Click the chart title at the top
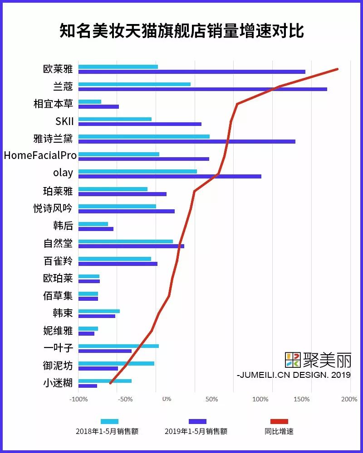tap(181, 31)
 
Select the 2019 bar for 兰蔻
tap(202, 89)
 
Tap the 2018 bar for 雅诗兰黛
tap(144, 136)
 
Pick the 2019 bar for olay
tap(170, 176)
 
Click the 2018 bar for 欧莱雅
tap(118, 67)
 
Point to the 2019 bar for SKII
tap(140, 124)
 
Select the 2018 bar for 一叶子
tap(118, 346)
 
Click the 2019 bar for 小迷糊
tap(88, 386)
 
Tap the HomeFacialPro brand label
tap(40, 155)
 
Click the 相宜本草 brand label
tap(53, 104)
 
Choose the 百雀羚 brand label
tap(58, 261)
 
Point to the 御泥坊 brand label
tap(58, 365)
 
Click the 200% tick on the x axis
tap(349, 400)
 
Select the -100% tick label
tap(78, 400)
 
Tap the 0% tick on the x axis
tap(167, 400)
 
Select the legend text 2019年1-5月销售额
tap(196, 431)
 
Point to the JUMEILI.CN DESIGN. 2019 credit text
tap(294, 375)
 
